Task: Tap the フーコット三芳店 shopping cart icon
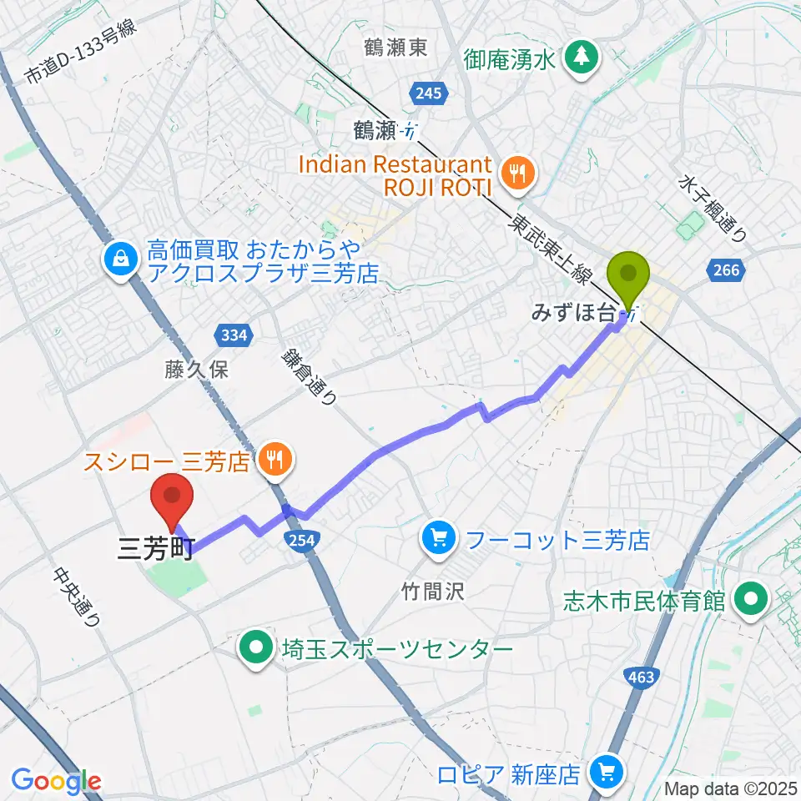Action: click(440, 539)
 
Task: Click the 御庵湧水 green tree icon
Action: click(578, 57)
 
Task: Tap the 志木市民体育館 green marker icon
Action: click(753, 599)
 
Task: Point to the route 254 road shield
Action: click(301, 541)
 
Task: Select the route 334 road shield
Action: click(233, 335)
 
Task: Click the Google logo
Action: click(57, 781)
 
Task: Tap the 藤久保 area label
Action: click(196, 370)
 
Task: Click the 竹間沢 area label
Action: click(431, 592)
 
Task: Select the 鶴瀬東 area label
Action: click(396, 48)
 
